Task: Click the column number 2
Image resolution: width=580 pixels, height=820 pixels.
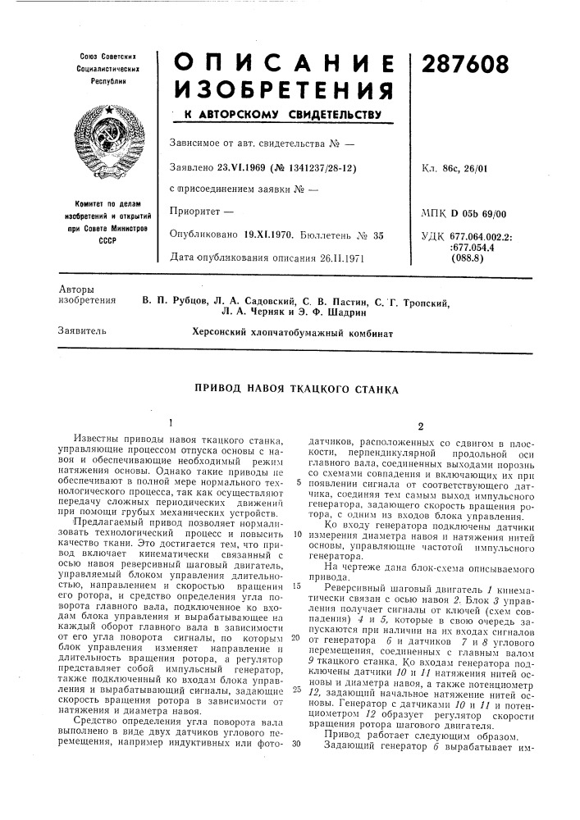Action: [419, 426]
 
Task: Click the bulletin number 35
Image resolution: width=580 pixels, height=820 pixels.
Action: [379, 235]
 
